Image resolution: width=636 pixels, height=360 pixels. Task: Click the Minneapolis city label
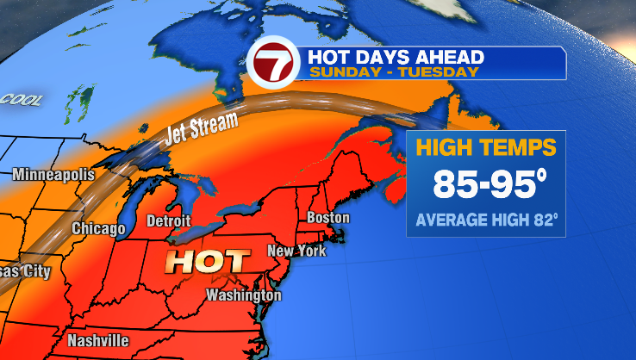tap(53, 175)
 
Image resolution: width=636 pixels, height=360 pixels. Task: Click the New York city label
tap(296, 251)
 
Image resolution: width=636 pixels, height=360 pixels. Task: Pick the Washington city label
tap(243, 295)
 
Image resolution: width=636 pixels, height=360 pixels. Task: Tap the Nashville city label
tap(98, 339)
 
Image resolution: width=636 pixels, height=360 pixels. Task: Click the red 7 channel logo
tap(274, 63)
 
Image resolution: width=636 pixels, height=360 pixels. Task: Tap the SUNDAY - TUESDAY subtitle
tap(393, 72)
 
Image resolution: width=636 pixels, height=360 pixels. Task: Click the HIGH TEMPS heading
tap(486, 147)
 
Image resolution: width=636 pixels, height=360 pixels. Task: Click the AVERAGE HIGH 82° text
tap(487, 220)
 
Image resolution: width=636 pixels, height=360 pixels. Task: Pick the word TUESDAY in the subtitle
tap(442, 72)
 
